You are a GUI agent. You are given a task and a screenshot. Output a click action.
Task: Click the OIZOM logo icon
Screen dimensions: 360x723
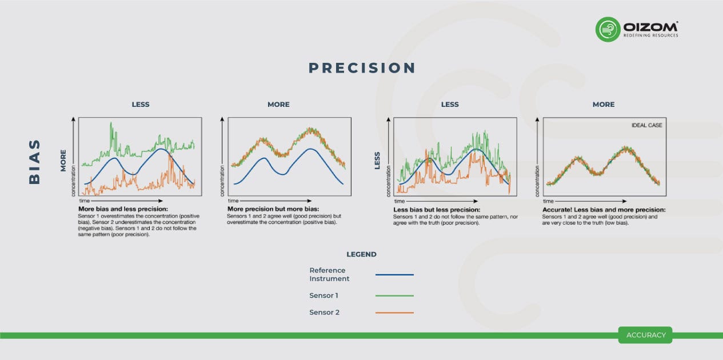608,29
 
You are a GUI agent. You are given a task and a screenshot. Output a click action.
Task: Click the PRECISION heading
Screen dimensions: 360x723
362,68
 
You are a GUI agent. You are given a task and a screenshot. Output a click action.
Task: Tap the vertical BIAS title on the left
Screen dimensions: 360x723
35,161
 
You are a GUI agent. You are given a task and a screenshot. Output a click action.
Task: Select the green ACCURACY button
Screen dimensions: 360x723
645,335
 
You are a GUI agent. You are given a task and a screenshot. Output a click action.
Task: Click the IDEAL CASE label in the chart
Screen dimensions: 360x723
646,125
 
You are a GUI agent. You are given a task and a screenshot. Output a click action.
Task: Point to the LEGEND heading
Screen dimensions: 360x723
361,254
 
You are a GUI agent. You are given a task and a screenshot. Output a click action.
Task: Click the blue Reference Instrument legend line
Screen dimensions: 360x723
394,275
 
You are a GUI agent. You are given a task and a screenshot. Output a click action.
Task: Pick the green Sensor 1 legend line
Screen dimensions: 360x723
394,295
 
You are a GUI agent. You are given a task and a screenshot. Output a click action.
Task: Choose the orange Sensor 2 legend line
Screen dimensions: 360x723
394,313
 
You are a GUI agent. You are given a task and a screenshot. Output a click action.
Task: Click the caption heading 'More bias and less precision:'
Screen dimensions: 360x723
123,209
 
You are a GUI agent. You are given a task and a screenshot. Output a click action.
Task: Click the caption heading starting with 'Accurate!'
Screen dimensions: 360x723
603,210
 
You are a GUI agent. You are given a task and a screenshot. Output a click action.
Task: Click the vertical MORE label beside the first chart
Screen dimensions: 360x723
63,161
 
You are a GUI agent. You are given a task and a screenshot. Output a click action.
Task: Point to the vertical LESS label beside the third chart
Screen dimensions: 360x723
377,161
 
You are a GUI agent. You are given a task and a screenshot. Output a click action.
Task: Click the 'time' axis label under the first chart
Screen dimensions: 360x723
84,201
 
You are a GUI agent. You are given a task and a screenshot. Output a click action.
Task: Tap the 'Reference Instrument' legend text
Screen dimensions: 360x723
329,274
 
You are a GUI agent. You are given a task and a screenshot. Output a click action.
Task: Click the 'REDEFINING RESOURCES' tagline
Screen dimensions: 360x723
650,35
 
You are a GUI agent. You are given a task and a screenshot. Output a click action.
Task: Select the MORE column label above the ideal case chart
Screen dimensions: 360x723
604,105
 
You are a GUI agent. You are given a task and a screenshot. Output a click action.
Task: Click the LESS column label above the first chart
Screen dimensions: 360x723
141,105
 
